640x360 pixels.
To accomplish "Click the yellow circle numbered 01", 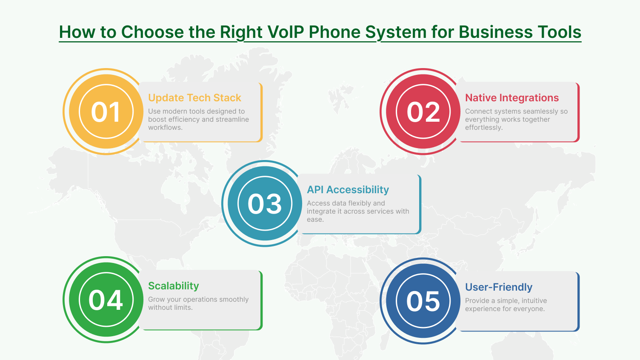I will [106, 111].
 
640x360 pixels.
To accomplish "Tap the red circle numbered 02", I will [423, 111].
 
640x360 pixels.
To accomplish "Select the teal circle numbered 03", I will [265, 203].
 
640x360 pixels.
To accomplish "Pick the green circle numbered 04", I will [106, 300].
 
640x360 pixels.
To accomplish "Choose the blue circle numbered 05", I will [423, 301].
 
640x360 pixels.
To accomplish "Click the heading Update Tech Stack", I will [194, 98].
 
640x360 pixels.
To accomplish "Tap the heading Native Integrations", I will [511, 98].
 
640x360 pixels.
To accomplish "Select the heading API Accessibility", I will [348, 190].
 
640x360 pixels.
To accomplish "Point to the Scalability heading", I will [173, 286].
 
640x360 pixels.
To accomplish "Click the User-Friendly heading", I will [498, 287].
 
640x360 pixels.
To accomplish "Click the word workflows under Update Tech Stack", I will [165, 128].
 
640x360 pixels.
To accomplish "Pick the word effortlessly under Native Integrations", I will [483, 128].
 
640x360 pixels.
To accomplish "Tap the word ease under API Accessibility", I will [314, 220].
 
